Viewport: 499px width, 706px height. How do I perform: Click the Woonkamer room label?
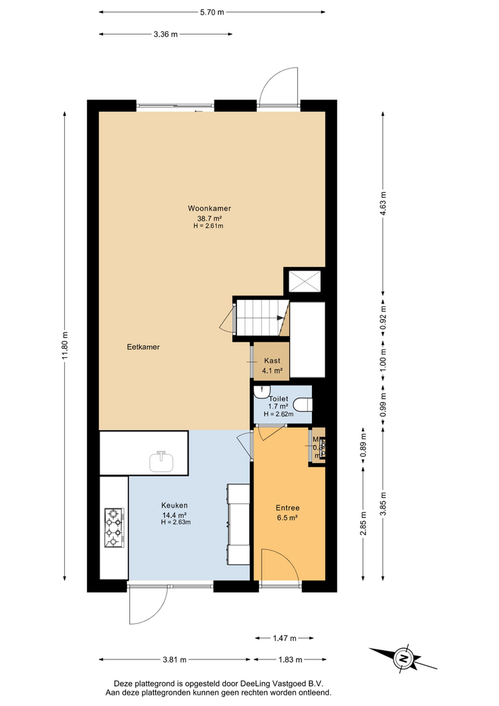[x=210, y=208]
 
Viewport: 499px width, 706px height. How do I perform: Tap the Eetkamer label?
[x=143, y=347]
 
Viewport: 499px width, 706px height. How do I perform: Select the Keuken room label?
[x=174, y=505]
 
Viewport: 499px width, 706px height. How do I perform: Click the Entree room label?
[x=287, y=507]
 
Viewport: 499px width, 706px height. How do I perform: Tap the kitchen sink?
[x=162, y=461]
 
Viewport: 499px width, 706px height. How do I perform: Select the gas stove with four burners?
[x=114, y=528]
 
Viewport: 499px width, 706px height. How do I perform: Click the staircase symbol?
[x=262, y=317]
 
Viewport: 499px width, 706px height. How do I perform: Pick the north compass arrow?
[x=403, y=658]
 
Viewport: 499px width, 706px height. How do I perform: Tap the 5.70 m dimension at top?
[x=212, y=12]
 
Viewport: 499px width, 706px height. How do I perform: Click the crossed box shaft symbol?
[x=304, y=282]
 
